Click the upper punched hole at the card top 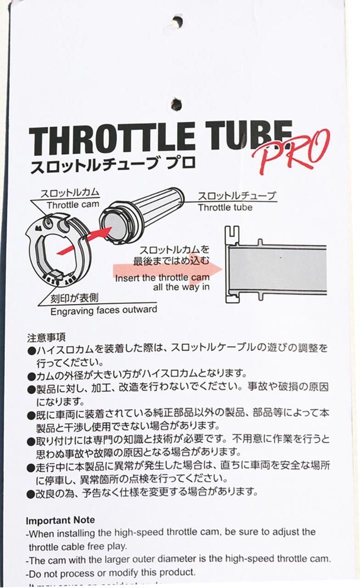(x=177, y=21)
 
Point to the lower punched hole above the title (x=176, y=104)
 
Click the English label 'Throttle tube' (x=225, y=207)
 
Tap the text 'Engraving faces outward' (x=103, y=310)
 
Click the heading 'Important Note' (x=60, y=520)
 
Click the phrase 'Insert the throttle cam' (x=158, y=278)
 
